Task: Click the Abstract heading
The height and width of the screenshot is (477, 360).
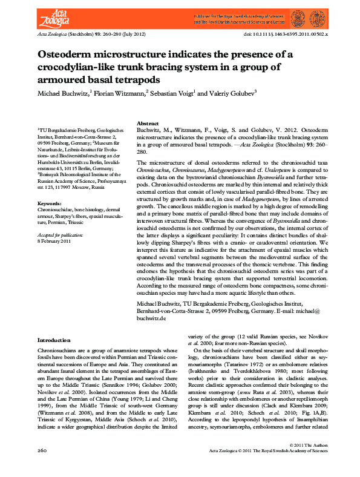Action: click(x=148, y=123)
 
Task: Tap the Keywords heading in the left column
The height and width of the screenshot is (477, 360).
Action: click(x=50, y=203)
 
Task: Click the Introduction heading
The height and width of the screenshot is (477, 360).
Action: click(x=54, y=341)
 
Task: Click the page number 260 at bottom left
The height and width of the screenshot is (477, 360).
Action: click(x=42, y=468)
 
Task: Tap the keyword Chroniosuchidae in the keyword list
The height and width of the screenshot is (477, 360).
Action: click(x=54, y=209)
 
